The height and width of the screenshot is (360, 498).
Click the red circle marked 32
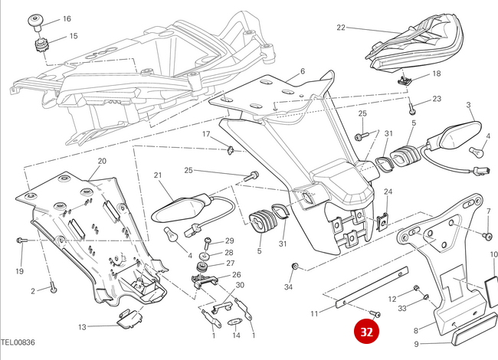[x=366, y=333]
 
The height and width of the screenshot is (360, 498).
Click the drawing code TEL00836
[x=18, y=342]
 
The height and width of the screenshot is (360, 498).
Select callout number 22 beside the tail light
[x=341, y=27]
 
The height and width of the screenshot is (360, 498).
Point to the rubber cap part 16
[x=35, y=20]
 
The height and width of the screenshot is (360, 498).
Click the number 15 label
[x=74, y=36]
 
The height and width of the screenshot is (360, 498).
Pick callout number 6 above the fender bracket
[x=302, y=71]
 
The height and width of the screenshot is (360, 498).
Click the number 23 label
[x=437, y=99]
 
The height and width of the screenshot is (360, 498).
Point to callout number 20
[x=102, y=161]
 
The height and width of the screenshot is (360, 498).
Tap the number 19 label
[x=19, y=270]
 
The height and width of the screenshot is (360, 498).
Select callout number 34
[x=288, y=287]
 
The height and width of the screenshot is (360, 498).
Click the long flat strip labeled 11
[x=372, y=284]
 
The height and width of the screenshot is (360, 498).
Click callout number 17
[x=205, y=135]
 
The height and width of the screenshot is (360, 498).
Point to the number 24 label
[x=388, y=191]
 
